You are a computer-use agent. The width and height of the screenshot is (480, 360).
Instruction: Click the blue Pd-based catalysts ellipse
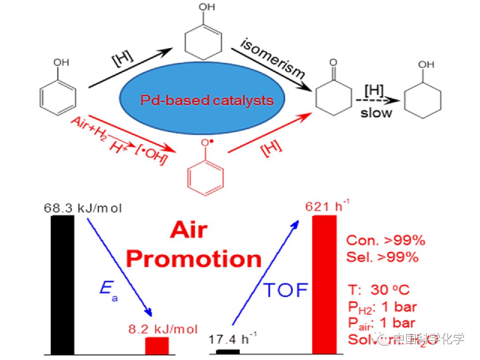click(x=207, y=100)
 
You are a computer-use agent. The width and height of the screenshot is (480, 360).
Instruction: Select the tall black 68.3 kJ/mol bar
click(x=63, y=284)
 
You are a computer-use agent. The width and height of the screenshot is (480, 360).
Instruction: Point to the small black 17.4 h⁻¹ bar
click(x=228, y=352)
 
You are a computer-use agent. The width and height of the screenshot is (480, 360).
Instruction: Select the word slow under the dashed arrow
click(x=376, y=112)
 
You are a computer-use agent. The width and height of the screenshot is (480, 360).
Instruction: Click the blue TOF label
click(x=286, y=290)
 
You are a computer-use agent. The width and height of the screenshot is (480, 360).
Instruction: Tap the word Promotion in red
click(x=194, y=258)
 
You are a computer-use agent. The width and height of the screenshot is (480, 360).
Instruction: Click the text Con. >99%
click(x=386, y=240)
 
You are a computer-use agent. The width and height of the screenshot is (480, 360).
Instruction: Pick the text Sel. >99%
click(x=382, y=257)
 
